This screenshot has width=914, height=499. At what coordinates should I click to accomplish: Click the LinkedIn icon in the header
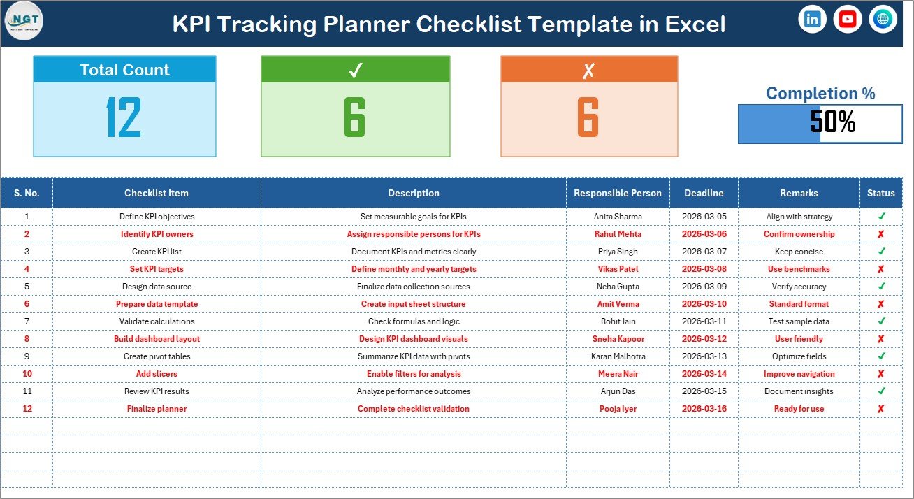812,20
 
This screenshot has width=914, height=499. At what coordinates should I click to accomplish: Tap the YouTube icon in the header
848,20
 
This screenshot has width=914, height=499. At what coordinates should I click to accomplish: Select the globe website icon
883,20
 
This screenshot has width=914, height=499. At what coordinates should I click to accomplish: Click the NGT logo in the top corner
24,21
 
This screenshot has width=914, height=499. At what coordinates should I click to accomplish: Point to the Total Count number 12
124,117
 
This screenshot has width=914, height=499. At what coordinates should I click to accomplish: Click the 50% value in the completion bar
833,123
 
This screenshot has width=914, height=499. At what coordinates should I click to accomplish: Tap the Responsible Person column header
618,193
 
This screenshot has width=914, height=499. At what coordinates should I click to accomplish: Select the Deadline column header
704,193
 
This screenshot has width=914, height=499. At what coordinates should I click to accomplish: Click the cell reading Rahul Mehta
618,234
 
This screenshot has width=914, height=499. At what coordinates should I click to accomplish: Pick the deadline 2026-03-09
704,287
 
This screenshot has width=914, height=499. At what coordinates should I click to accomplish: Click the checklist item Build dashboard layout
157,339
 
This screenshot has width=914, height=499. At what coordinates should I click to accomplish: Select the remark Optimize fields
799,356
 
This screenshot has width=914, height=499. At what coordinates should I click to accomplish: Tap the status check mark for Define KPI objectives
881,217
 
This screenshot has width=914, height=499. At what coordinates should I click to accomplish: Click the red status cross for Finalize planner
881,409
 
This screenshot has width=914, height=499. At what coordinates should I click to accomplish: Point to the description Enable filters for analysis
414,374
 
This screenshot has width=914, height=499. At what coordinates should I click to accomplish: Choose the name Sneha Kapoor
618,339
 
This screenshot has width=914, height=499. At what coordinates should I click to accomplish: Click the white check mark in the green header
355,70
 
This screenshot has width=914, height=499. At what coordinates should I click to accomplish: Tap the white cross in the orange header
588,70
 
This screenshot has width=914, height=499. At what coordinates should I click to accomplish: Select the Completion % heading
820,94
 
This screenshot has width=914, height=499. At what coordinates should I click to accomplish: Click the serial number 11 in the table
27,391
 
